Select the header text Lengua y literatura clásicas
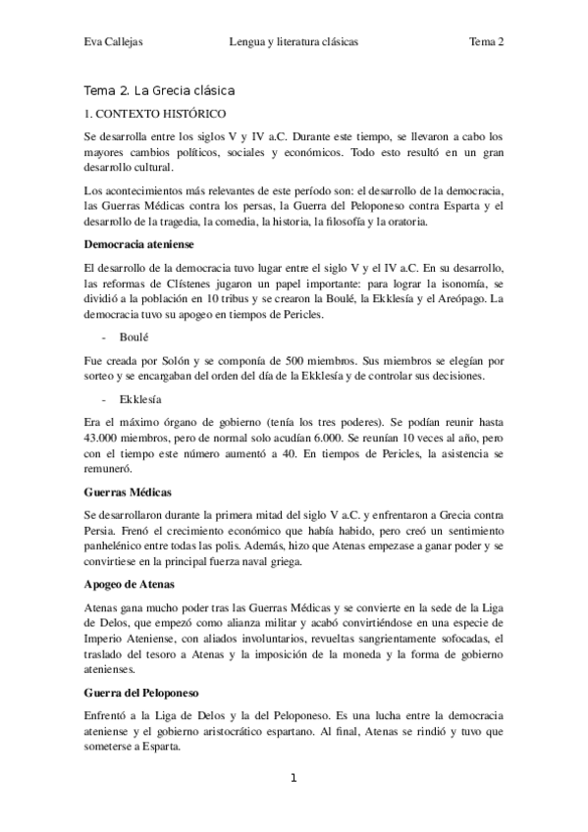(294, 42)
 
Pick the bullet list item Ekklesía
(137, 400)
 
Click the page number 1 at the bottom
(294, 778)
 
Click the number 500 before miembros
(267, 360)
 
